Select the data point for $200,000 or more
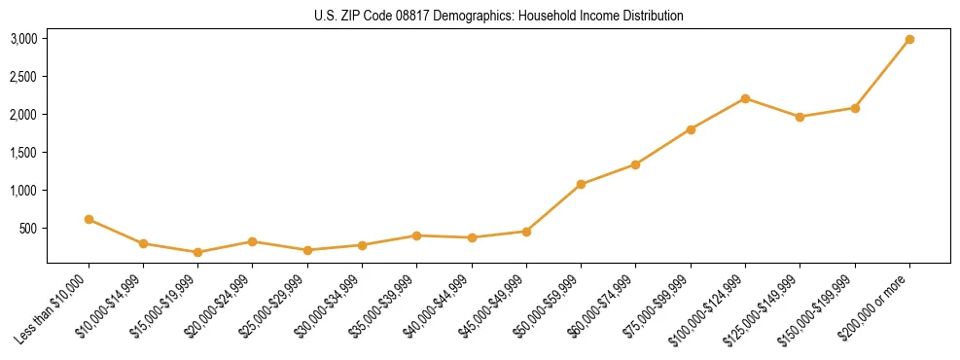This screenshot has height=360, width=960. (x=909, y=39)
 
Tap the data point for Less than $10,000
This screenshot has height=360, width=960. (x=89, y=220)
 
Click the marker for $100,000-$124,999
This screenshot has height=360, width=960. (x=745, y=98)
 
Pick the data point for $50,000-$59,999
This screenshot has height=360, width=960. (x=581, y=184)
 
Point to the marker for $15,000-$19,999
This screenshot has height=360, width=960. (x=198, y=252)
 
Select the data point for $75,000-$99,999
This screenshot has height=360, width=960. (x=691, y=129)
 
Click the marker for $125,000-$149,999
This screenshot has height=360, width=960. (x=800, y=117)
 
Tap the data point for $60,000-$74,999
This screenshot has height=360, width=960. (x=635, y=164)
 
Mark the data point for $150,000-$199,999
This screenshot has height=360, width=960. (x=855, y=108)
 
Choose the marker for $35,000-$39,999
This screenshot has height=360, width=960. (x=416, y=235)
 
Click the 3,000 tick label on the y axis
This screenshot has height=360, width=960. (x=23, y=39)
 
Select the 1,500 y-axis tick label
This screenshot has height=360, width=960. (x=23, y=153)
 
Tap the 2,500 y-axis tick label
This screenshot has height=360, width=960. (x=23, y=77)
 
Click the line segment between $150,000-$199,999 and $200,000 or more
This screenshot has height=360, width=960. (x=882, y=74)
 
